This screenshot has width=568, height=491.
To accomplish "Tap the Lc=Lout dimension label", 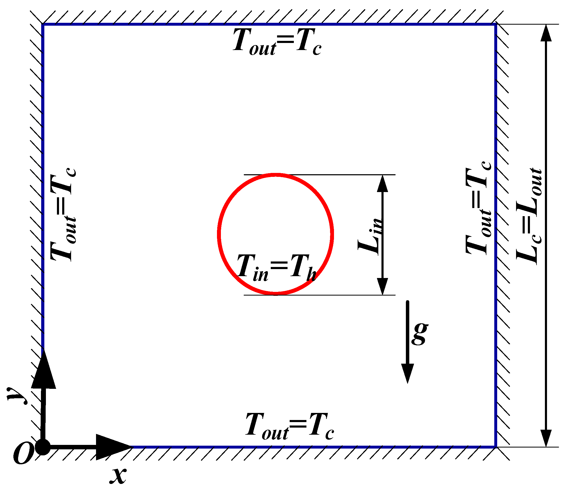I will [529, 216].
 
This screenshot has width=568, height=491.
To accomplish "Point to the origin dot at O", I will [43, 448].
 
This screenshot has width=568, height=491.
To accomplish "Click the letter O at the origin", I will [23, 454].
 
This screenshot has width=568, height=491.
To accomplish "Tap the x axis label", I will [118, 475].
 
